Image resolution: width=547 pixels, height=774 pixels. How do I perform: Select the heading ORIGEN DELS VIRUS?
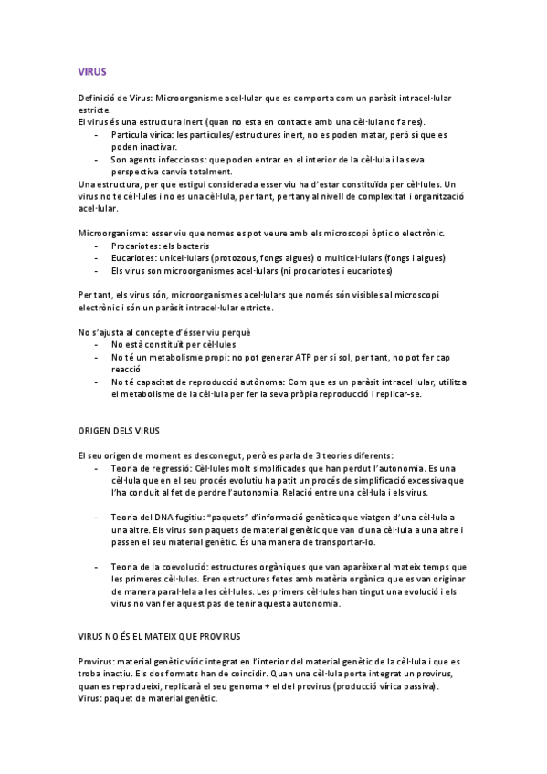[118, 429]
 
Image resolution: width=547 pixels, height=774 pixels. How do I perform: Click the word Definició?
[99, 97]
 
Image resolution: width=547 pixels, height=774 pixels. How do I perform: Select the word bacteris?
[190, 246]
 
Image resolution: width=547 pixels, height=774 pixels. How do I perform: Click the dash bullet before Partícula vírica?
[97, 134]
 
